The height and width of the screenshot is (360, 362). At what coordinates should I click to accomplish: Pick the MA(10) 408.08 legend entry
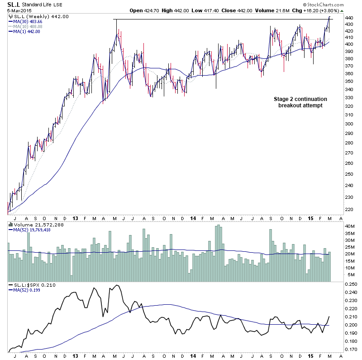[28, 27]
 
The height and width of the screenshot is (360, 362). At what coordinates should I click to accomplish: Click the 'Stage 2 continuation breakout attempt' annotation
[300, 102]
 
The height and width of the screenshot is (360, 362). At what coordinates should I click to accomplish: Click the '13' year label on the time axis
[75, 356]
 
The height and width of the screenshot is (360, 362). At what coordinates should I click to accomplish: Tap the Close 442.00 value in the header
[261, 10]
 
